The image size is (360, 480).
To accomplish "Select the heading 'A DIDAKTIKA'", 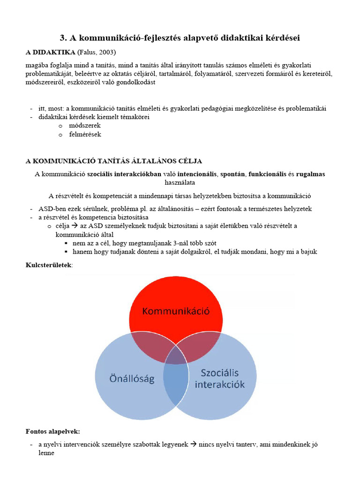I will pos(50,52).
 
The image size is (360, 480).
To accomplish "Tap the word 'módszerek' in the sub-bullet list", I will pos(85,126).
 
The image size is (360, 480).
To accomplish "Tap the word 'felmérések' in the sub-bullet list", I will pos(85,134).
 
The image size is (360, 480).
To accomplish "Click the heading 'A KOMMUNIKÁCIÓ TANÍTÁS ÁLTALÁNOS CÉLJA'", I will pos(113,161).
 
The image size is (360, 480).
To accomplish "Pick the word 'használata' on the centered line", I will pos(180,182).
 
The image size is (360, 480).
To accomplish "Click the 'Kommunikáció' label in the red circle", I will pos(176,311).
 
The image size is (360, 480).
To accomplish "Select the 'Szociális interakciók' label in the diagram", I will pos(219,379).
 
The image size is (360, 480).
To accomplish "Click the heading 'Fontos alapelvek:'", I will pos(52,431).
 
